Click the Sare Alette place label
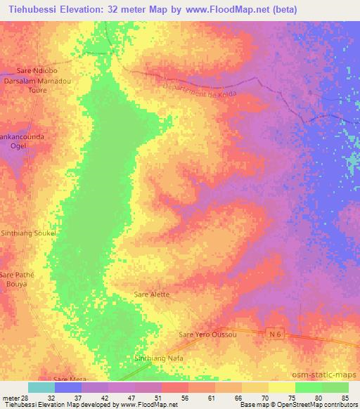pyautogui.click(x=152, y=294)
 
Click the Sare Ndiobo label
pyautogui.click(x=36, y=71)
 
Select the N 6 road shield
pyautogui.click(x=275, y=336)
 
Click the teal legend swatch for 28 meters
pyautogui.click(x=41, y=387)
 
